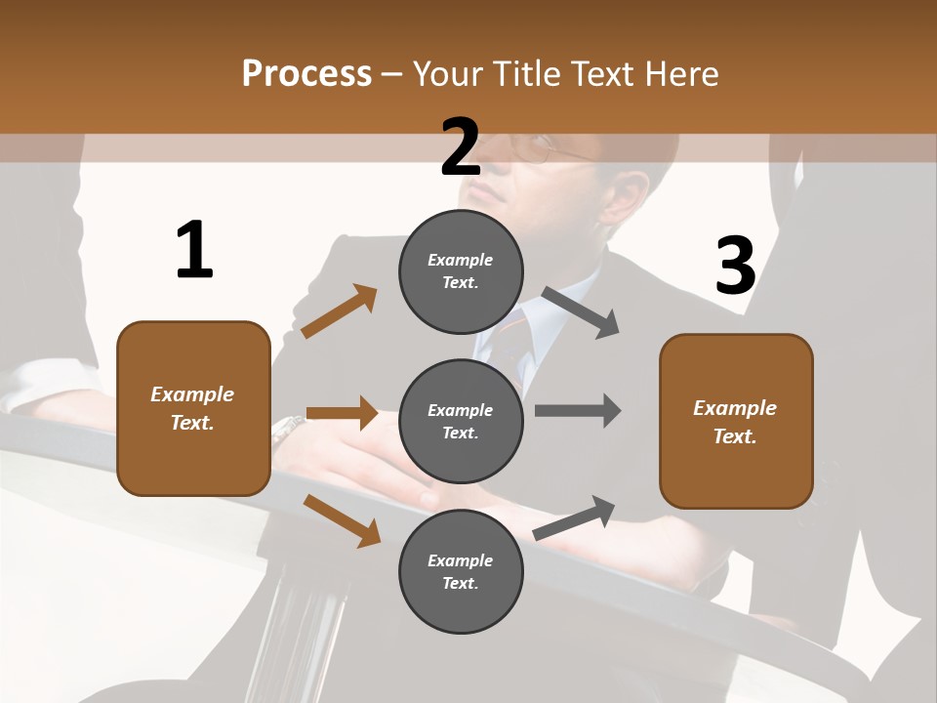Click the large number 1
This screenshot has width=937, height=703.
coord(194,250)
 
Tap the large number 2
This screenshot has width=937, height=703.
coord(461,147)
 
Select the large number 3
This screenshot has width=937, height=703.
coord(735,266)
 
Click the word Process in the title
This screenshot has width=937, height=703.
coord(306,73)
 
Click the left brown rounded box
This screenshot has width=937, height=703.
coord(193,408)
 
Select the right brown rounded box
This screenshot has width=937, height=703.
coord(736,421)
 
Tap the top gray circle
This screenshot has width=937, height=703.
coord(461,271)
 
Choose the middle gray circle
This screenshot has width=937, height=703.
coord(461,421)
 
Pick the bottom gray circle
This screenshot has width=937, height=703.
coord(461,571)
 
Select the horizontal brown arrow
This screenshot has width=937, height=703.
coord(342,413)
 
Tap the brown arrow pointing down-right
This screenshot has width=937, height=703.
coord(343,520)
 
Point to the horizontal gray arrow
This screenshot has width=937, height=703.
coord(578,410)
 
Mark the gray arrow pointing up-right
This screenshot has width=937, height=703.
coord(575,517)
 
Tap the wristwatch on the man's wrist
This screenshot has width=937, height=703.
coord(288,427)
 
